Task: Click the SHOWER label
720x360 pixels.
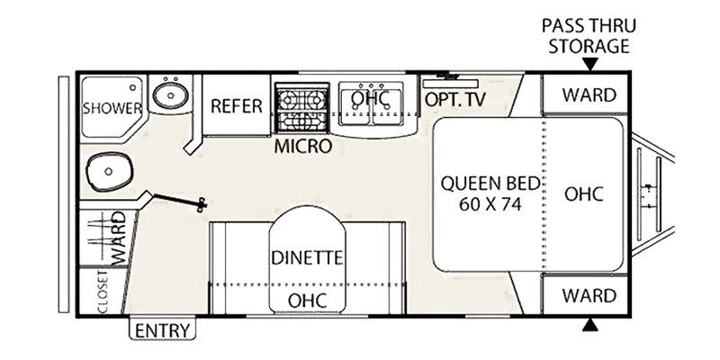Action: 112,108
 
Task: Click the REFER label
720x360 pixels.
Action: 237,106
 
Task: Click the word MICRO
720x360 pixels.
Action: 303,145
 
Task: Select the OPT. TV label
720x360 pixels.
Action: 454,100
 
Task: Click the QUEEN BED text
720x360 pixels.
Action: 490,184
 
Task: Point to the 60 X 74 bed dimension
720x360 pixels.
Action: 490,203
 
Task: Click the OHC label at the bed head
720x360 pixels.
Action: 582,193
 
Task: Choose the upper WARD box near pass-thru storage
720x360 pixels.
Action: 589,94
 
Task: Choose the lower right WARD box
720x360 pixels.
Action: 589,295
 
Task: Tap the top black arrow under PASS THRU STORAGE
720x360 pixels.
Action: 589,64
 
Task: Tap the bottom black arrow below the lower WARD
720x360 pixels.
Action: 589,324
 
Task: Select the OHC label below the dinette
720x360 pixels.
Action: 307,298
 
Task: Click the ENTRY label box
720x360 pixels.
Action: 163,329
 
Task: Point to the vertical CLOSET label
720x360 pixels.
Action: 101,292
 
